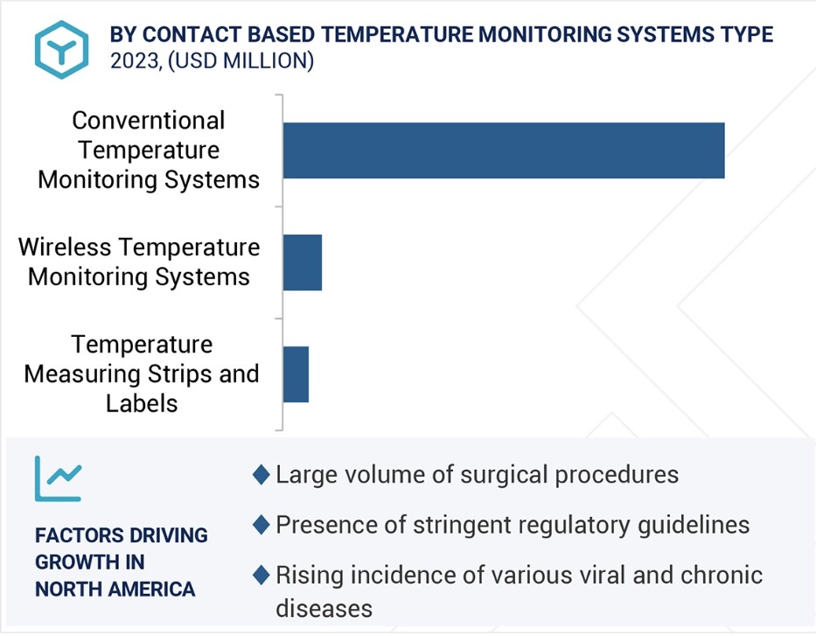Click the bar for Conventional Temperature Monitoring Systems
(504, 150)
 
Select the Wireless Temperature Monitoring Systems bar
(303, 262)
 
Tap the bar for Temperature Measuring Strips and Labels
(296, 374)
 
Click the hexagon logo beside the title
(61, 50)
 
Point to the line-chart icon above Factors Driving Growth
(58, 479)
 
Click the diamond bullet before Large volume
(261, 475)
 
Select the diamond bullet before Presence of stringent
(261, 525)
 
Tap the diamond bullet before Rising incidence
(261, 575)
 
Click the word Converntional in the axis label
(149, 121)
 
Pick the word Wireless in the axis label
(65, 247)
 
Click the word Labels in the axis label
(142, 403)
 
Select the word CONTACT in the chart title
(192, 34)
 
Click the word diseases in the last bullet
(324, 608)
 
